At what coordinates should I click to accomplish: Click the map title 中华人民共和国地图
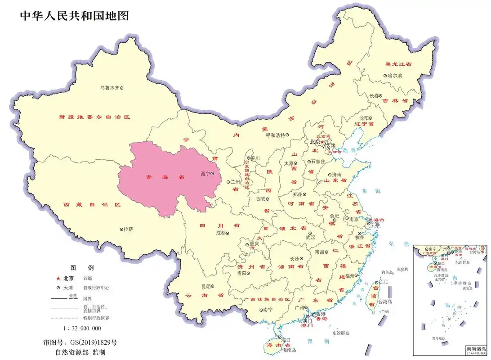pyautogui.click(x=75, y=16)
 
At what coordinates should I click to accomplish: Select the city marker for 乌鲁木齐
pyautogui.click(x=121, y=88)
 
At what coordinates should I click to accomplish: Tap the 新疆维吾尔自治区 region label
pyautogui.click(x=94, y=117)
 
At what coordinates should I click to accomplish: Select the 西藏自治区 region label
pyautogui.click(x=92, y=204)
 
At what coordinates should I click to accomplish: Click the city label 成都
pyautogui.click(x=220, y=233)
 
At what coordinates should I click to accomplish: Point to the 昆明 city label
pyautogui.click(x=205, y=286)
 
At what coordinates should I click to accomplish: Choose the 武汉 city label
pyautogui.click(x=311, y=237)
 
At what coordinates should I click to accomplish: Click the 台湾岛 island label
pyautogui.click(x=384, y=302)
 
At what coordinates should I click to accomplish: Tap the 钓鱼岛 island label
pyautogui.click(x=387, y=272)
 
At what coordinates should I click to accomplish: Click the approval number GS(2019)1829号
pyautogui.click(x=96, y=342)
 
